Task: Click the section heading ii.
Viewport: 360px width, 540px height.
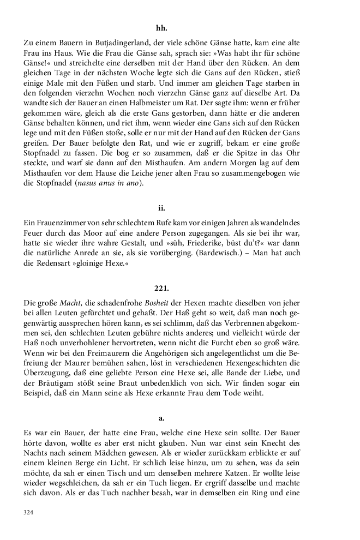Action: click(x=161, y=207)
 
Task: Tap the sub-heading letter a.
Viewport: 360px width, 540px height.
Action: click(x=161, y=418)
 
